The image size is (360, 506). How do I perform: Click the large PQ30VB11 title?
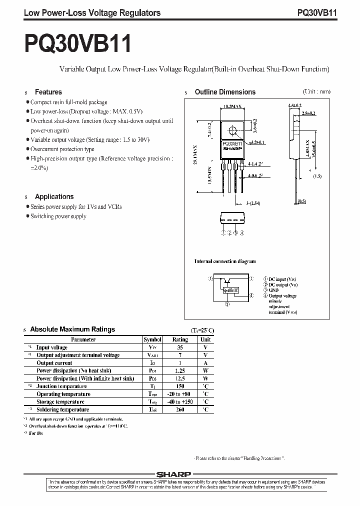pyautogui.click(x=77, y=43)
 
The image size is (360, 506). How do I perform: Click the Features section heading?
pyautogui.click(x=48, y=92)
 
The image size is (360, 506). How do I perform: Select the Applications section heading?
pyautogui.click(x=54, y=197)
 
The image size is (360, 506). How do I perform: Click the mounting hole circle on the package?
pyautogui.click(x=232, y=131)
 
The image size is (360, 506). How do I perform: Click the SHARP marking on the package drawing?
pyautogui.click(x=232, y=148)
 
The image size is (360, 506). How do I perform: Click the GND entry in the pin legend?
pyautogui.click(x=273, y=289)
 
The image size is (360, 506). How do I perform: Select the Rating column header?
pyautogui.click(x=180, y=339)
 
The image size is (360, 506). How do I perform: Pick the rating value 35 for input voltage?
pyautogui.click(x=180, y=347)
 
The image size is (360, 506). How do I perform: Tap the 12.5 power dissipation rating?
pyautogui.click(x=180, y=378)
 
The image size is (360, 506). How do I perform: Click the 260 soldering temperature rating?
pyautogui.click(x=180, y=409)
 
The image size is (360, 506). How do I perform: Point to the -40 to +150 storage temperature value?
pyautogui.click(x=180, y=402)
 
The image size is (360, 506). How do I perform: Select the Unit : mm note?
pyautogui.click(x=316, y=91)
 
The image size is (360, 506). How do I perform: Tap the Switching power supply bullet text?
pyautogui.click(x=58, y=216)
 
